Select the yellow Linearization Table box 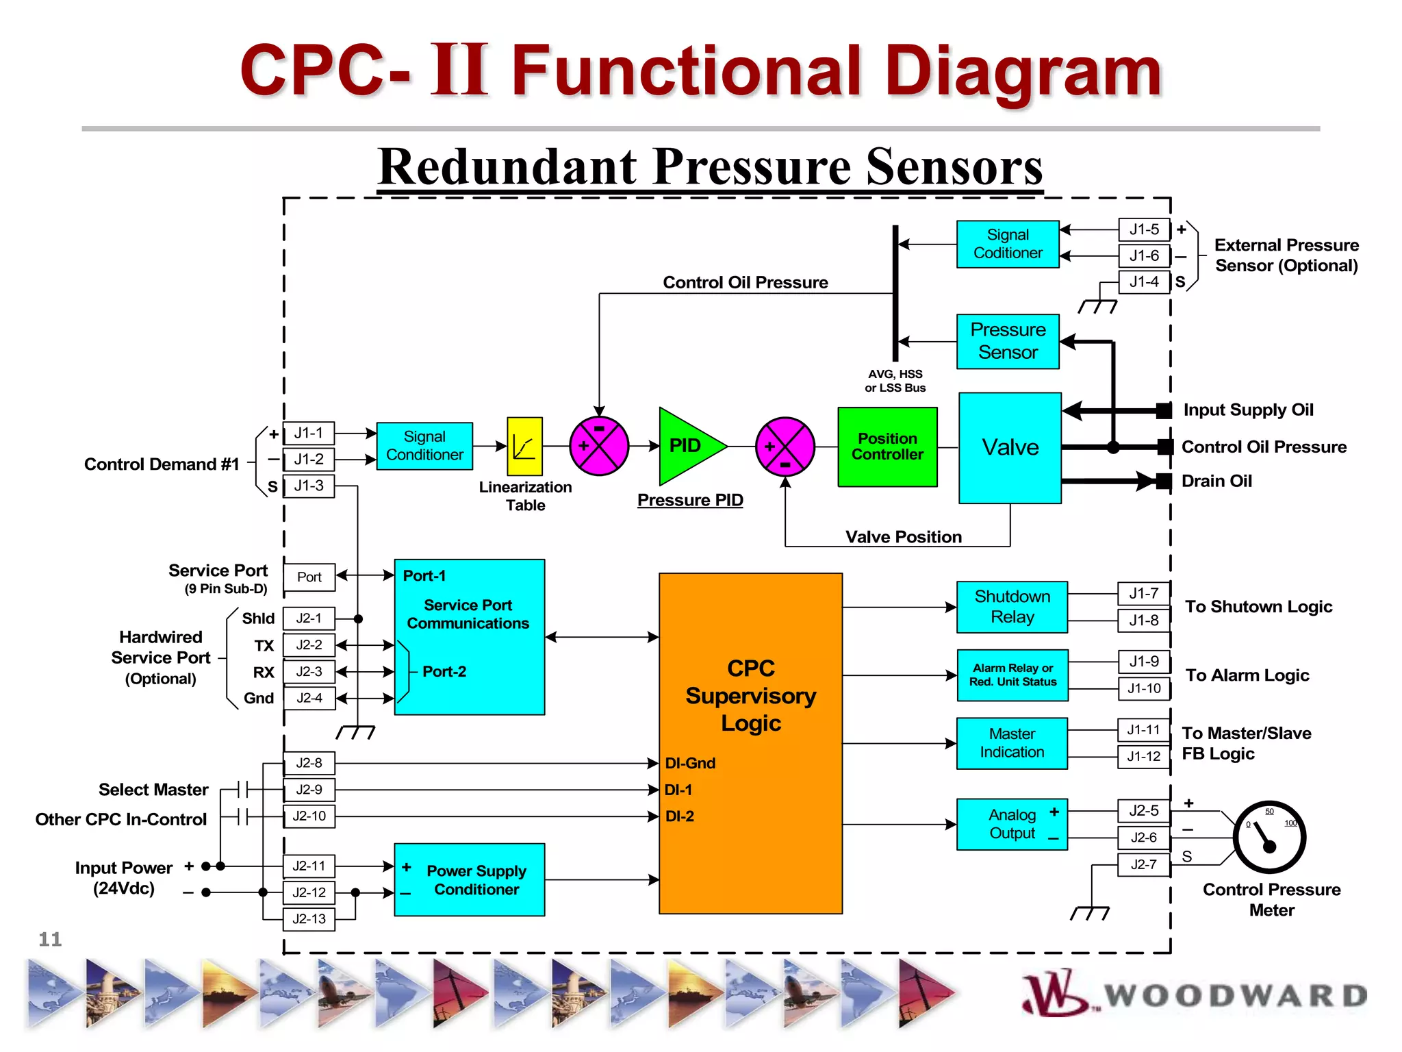524,447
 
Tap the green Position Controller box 887,447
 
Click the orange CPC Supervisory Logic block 750,743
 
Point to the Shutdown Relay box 1012,607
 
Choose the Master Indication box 1012,743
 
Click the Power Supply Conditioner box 470,879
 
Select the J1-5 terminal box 1144,229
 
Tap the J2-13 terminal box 309,919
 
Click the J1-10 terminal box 1144,688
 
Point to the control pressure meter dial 1269,837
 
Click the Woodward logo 1195,994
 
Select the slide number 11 50,939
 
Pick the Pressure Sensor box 1008,341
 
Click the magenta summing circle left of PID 599,446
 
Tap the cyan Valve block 1010,448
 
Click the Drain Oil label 1216,481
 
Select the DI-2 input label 679,816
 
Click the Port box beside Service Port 309,577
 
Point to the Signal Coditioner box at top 1008,244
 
